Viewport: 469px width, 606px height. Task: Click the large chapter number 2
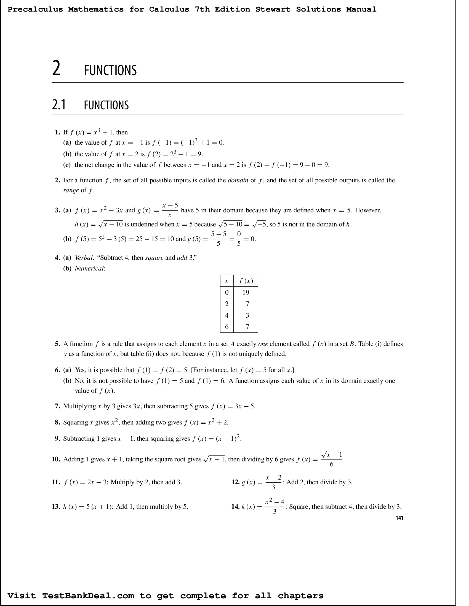[x=56, y=69]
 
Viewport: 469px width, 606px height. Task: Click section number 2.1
[x=59, y=105]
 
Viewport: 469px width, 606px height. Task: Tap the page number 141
[x=399, y=518]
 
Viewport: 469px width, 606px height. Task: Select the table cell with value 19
[x=246, y=293]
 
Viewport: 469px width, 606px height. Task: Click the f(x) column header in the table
[x=246, y=281]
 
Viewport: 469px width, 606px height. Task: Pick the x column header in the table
[x=226, y=281]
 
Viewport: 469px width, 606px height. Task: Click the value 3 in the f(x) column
[x=247, y=315]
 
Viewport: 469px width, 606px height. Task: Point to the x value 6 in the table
[x=226, y=327]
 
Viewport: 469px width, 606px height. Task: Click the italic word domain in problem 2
[x=238, y=180]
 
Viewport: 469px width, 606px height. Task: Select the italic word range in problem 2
[x=71, y=190]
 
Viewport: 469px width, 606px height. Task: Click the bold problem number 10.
[x=56, y=459]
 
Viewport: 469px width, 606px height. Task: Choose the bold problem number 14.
[x=235, y=507]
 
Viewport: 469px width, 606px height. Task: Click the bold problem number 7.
[x=57, y=406]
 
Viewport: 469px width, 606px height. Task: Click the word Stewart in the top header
[x=273, y=9]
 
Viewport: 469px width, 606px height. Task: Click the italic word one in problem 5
[x=263, y=344]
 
